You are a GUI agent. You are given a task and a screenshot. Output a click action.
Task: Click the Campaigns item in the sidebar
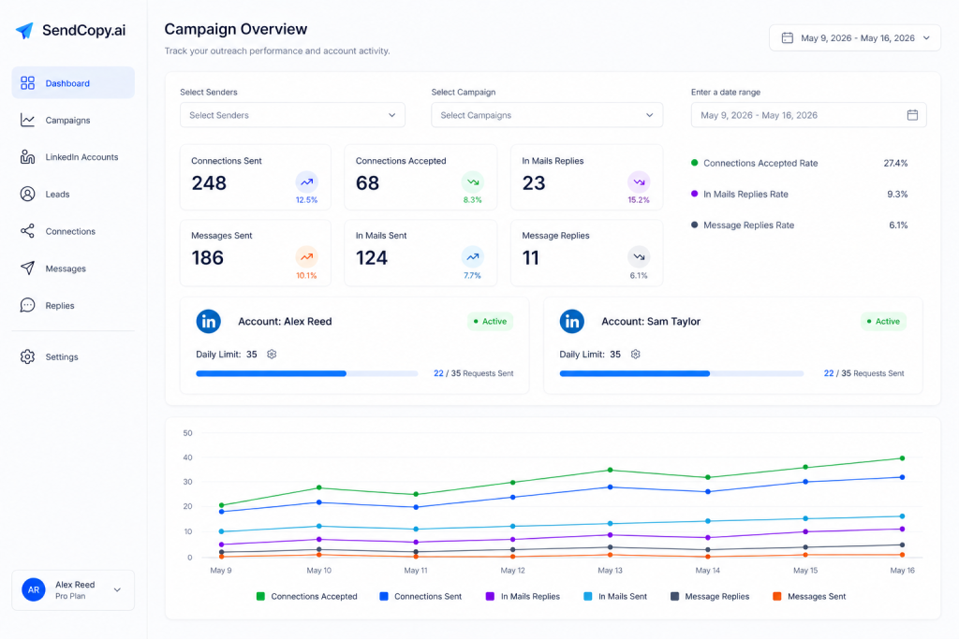click(x=67, y=121)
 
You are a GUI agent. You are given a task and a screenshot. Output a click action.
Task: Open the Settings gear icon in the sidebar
click(x=27, y=356)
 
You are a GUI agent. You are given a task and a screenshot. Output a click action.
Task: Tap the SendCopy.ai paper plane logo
click(x=24, y=30)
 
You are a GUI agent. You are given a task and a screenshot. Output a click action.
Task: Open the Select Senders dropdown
click(x=292, y=115)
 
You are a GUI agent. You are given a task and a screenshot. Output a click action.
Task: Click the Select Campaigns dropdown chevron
click(x=650, y=115)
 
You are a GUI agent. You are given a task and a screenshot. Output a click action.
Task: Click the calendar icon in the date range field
click(x=912, y=115)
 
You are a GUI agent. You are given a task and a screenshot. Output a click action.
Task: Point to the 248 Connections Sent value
click(x=209, y=183)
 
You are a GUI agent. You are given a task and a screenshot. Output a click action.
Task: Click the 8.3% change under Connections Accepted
click(x=472, y=200)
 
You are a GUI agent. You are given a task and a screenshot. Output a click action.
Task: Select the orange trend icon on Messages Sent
click(x=306, y=257)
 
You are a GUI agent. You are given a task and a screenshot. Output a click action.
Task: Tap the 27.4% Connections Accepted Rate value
click(x=895, y=163)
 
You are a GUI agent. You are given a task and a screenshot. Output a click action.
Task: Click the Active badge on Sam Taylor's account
click(x=883, y=321)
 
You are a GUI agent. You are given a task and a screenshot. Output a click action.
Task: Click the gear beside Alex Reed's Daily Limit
click(x=272, y=355)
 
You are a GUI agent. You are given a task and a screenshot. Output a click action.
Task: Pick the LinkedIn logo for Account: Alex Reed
click(x=209, y=321)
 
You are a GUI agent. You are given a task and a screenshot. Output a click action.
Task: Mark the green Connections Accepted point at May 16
click(x=902, y=458)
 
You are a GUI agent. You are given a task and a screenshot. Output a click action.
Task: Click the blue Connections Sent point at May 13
click(x=610, y=487)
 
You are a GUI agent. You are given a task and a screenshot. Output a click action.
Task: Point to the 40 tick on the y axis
click(x=187, y=457)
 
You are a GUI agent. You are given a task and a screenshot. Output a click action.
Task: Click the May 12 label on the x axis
click(x=512, y=571)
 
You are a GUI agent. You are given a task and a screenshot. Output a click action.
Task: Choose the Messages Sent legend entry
click(x=809, y=596)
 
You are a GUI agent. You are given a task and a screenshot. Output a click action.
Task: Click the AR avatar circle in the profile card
click(x=34, y=590)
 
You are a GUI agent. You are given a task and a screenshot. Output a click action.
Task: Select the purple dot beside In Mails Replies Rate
click(x=694, y=194)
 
